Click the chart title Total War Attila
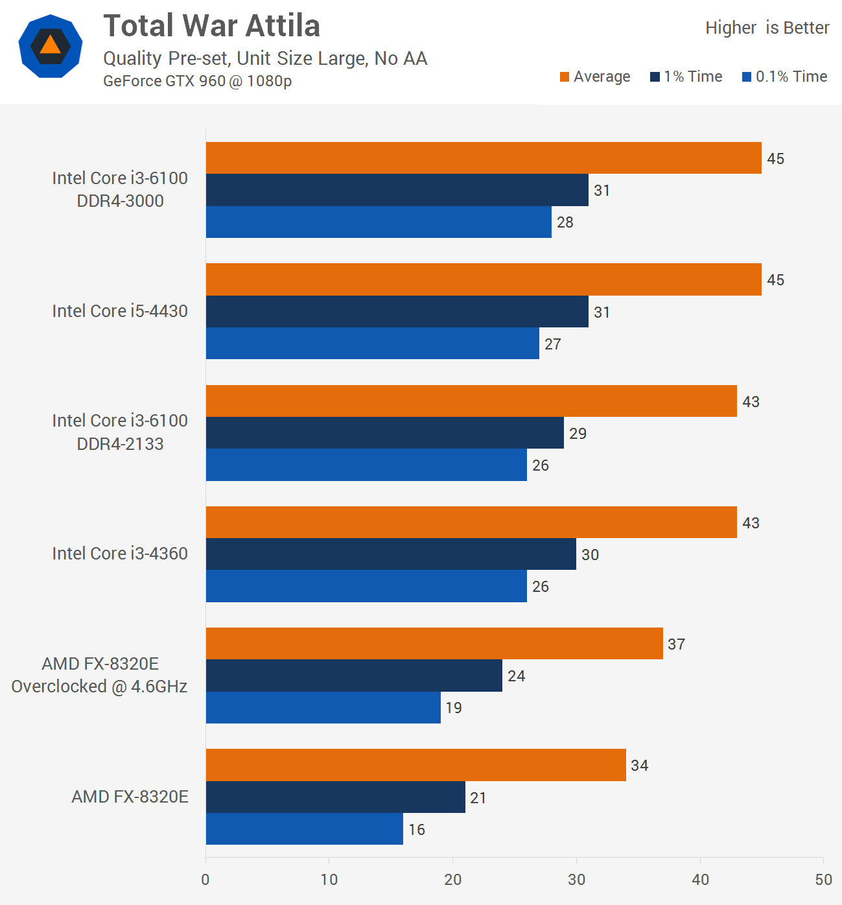point(211,27)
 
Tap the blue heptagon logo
point(51,46)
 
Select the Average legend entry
point(595,76)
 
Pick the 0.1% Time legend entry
point(784,76)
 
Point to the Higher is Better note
point(767,28)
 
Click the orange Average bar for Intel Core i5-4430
point(484,279)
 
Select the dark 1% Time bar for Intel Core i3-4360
point(391,554)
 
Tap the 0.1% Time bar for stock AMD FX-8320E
point(305,829)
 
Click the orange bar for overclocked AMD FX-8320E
point(434,644)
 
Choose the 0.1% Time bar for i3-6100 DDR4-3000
point(379,222)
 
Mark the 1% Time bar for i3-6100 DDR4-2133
point(385,433)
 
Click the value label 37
point(677,644)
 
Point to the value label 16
point(417,830)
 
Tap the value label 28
point(565,222)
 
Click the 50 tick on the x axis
point(823,880)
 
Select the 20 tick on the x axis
point(452,880)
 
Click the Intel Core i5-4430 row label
point(120,311)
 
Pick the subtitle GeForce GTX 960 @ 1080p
point(197,81)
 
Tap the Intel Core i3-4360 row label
point(120,554)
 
